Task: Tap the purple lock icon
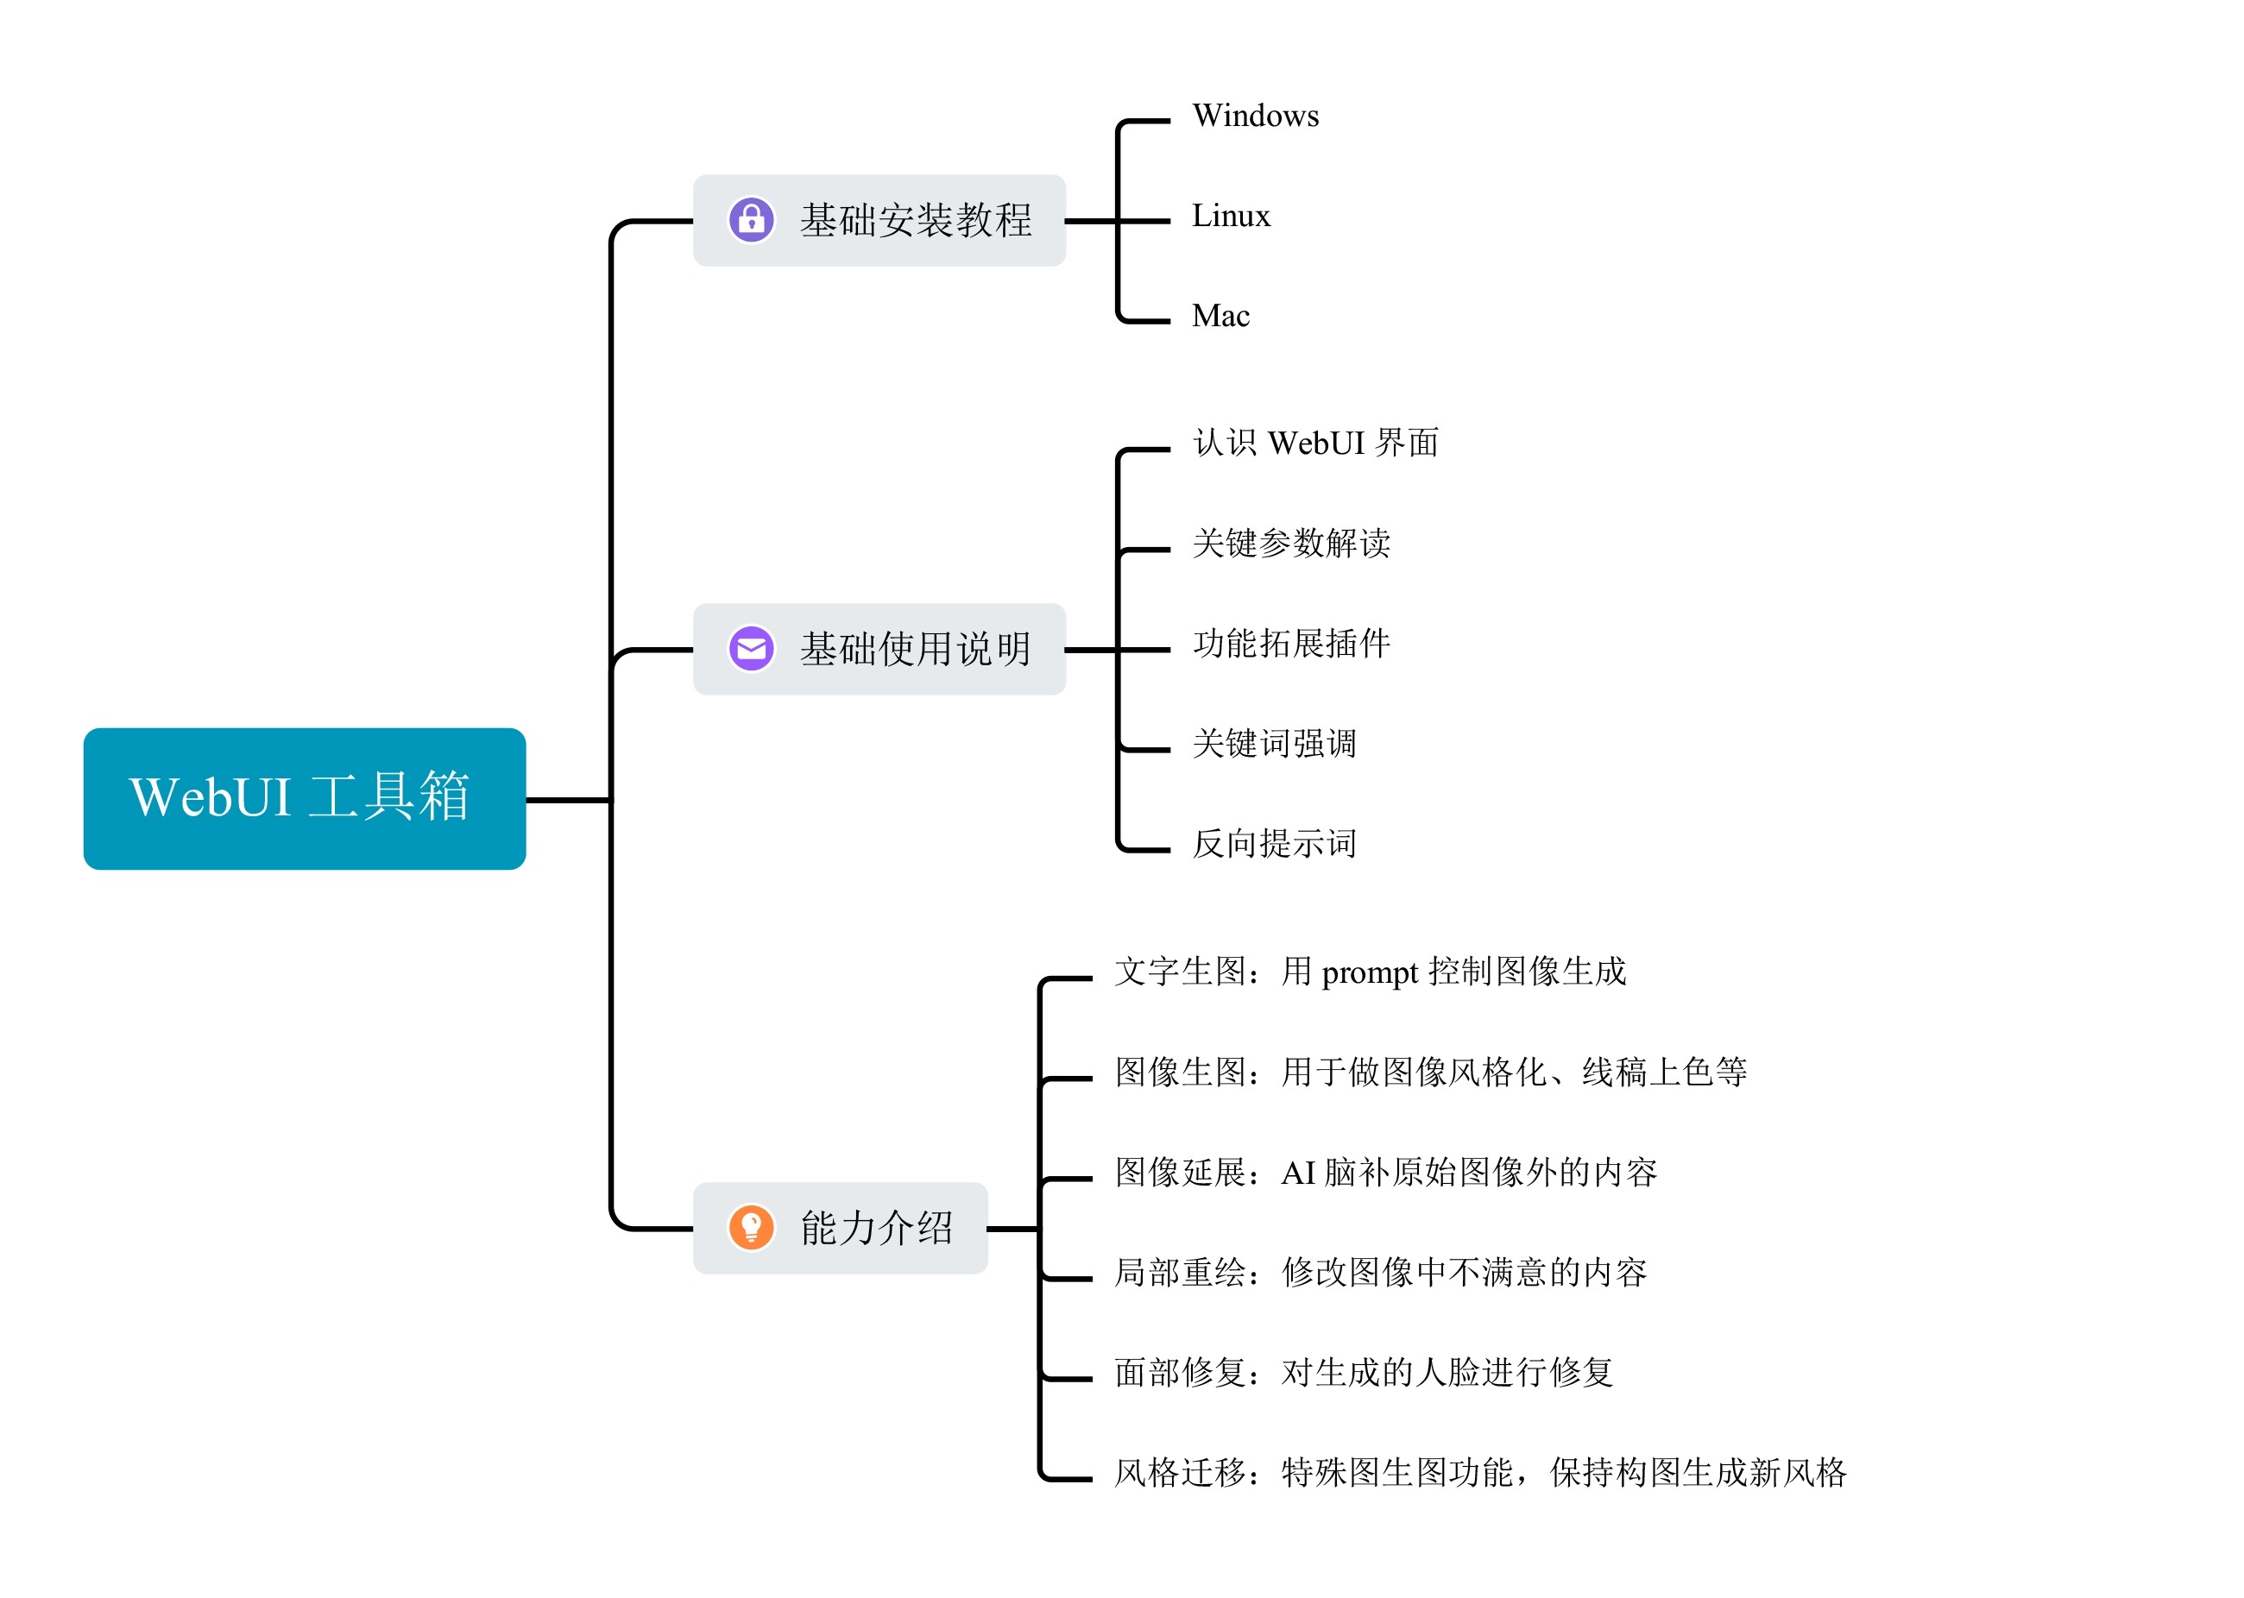tap(751, 219)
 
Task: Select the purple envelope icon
tap(751, 649)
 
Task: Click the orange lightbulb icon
tap(751, 1227)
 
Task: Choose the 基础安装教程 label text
tap(916, 220)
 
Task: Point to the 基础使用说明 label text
tap(916, 650)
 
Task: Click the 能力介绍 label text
tap(876, 1228)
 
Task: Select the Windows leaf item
tap(1255, 116)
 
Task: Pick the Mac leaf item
tap(1220, 316)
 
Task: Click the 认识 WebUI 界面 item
tap(1315, 443)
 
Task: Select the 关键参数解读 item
tap(1291, 543)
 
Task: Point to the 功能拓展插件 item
tap(1291, 644)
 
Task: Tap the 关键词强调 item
tap(1275, 744)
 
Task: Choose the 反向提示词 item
tap(1275, 844)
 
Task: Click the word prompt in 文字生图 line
tap(1369, 974)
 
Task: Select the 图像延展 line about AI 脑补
tap(1386, 1173)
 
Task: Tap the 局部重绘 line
tap(1380, 1274)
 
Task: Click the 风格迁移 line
tap(1480, 1473)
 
